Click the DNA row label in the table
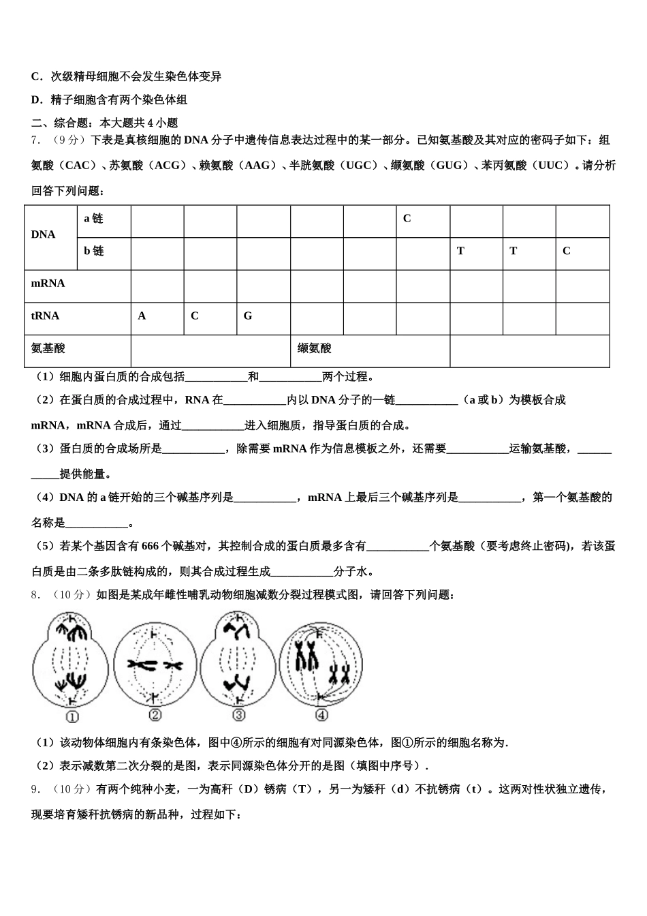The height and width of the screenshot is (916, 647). (44, 234)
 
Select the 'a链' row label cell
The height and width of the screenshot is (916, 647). (93, 218)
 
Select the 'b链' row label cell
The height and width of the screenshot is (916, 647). (94, 251)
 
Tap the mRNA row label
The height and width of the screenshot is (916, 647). (48, 283)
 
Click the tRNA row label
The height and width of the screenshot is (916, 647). (46, 316)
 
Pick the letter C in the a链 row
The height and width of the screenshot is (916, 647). (407, 218)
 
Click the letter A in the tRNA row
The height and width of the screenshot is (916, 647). (142, 316)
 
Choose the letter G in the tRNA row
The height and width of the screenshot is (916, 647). (248, 316)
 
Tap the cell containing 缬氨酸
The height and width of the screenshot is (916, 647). (315, 348)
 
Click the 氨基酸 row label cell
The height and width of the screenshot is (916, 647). (48, 348)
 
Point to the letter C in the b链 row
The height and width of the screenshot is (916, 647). (566, 251)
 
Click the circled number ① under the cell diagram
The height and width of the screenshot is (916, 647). (72, 716)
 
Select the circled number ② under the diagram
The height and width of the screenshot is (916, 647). (155, 715)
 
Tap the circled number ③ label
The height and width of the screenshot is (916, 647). (239, 715)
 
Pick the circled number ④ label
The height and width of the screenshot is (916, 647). (322, 715)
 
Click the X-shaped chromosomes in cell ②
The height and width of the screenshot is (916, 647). (155, 664)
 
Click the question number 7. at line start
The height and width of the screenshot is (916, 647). (35, 140)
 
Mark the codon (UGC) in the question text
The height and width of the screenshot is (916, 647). (359, 165)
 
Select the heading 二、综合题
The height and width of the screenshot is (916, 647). (60, 123)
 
